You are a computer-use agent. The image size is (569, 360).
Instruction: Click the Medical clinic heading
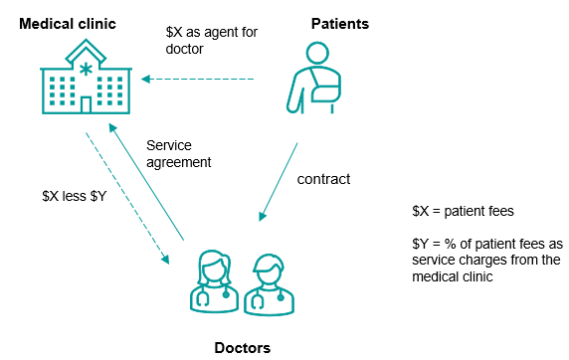tap(68, 24)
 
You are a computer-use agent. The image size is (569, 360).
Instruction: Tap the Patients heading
tap(340, 24)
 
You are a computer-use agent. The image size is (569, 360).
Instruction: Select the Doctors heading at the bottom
tap(243, 348)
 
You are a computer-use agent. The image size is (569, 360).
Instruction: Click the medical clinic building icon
tap(86, 77)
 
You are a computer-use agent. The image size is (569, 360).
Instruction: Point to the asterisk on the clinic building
tap(86, 69)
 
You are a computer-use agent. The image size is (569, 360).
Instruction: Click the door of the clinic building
tap(86, 104)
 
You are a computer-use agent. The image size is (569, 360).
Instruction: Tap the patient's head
tap(317, 54)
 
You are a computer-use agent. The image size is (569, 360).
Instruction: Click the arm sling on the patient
tap(323, 88)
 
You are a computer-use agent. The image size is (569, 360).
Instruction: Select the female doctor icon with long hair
tap(214, 281)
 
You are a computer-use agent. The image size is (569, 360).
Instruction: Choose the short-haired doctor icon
tap(269, 284)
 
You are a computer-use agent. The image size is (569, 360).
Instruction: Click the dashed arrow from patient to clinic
tap(197, 79)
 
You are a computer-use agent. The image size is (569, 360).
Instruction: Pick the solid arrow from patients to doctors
tap(279, 182)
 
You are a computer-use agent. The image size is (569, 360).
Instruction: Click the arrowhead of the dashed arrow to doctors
tap(165, 260)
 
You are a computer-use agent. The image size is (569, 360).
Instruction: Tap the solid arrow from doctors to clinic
tap(146, 181)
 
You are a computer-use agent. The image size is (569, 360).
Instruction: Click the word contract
tap(323, 179)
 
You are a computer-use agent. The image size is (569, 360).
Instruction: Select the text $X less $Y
tap(75, 196)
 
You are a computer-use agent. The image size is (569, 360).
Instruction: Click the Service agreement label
tap(178, 154)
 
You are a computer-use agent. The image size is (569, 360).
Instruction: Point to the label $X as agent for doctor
tap(212, 41)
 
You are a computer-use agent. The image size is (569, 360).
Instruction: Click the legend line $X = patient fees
tap(463, 211)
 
